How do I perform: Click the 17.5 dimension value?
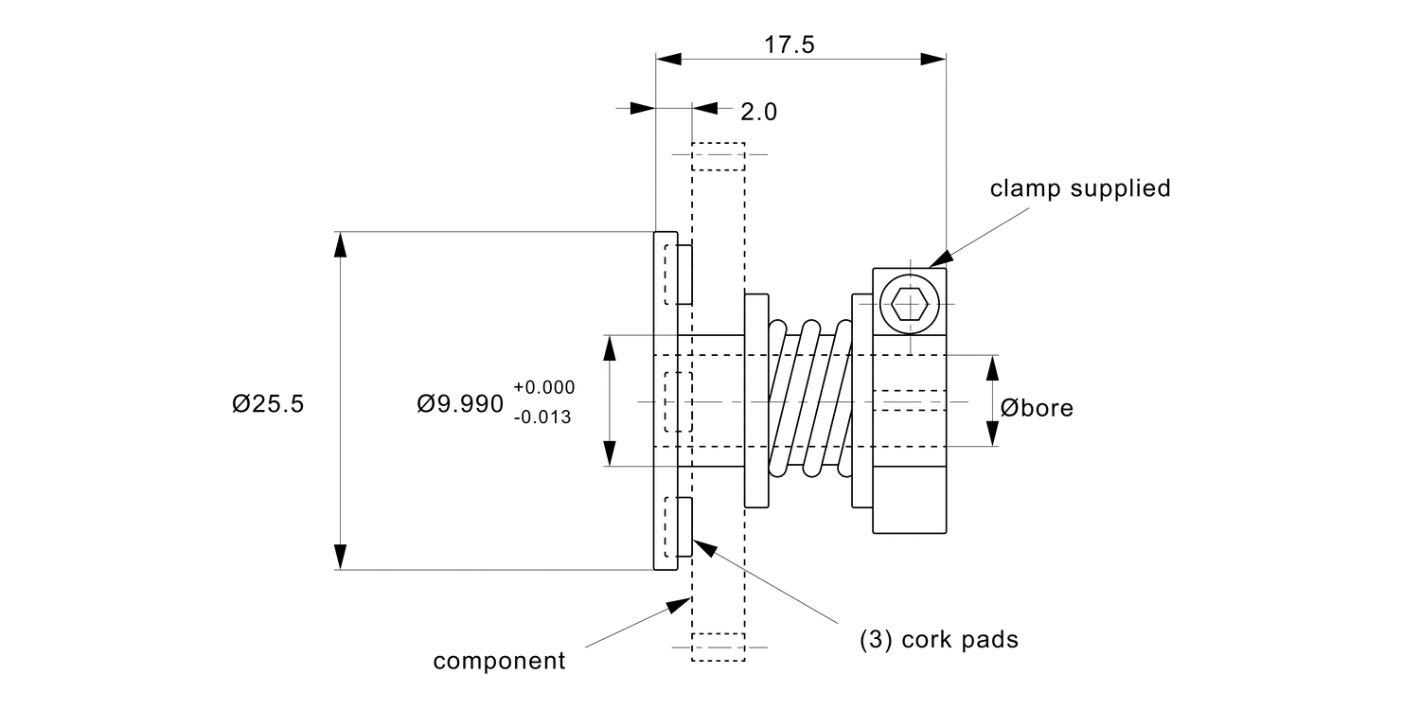pos(790,45)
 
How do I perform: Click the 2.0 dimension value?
pos(758,112)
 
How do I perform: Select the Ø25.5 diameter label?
pos(268,403)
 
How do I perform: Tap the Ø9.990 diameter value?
pos(460,404)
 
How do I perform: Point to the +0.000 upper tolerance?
pos(543,387)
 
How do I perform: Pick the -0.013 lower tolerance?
pos(542,417)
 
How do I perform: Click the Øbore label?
pos(1038,408)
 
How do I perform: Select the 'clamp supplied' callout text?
pos(1080,188)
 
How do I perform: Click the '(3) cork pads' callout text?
pos(938,640)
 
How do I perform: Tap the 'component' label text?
pos(499,660)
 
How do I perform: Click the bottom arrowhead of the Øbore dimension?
pos(992,435)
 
